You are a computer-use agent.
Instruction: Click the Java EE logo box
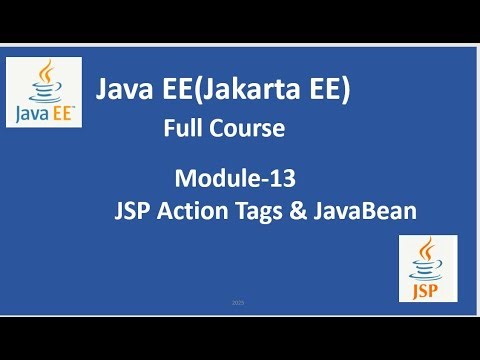[x=44, y=92]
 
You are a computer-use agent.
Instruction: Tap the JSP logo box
[x=428, y=268]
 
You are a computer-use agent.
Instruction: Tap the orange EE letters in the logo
[x=61, y=112]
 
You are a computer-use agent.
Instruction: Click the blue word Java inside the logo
[x=33, y=112]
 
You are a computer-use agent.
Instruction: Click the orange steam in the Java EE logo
[x=45, y=72]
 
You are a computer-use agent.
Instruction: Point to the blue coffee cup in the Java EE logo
[x=45, y=94]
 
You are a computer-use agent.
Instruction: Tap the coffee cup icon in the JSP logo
[x=429, y=258]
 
